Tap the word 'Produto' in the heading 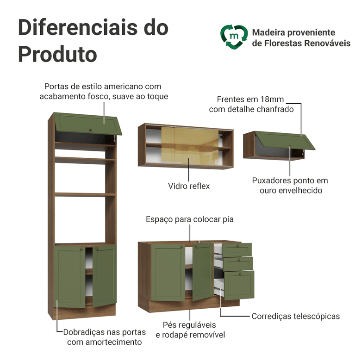[57, 54]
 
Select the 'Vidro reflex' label [189, 186]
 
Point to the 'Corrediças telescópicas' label [296, 317]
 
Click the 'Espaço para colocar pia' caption [190, 219]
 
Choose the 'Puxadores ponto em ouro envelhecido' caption [290, 185]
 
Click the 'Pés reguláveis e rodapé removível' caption [190, 330]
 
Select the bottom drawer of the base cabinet [239, 285]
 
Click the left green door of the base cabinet [169, 273]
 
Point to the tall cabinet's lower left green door [70, 276]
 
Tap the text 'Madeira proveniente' [293, 33]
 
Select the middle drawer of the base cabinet [238, 263]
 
